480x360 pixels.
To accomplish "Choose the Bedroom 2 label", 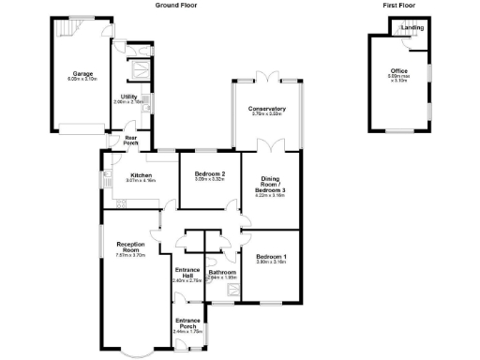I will point(210,174).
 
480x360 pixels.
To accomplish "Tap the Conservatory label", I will point(267,109).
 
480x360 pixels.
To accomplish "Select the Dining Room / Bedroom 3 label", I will point(270,185).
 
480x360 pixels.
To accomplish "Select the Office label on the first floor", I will point(399,71).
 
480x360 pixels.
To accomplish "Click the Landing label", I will point(412,27).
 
